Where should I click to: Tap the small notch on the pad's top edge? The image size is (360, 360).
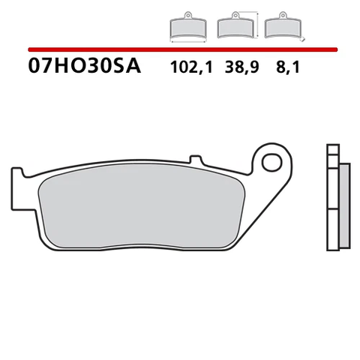196,158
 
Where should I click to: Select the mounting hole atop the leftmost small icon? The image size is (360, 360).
184,16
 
